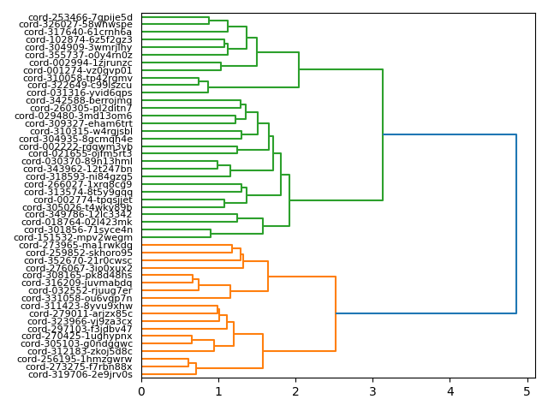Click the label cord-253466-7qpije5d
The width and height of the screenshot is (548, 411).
point(80,17)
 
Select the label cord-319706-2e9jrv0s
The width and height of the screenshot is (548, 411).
point(80,374)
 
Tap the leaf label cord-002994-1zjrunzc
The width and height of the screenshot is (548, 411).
point(80,63)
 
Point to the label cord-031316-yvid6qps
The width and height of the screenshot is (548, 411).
point(80,93)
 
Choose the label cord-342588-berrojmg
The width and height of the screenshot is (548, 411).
point(80,101)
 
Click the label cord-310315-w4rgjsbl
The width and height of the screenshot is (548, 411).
point(80,131)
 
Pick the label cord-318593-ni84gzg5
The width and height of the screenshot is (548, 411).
point(80,176)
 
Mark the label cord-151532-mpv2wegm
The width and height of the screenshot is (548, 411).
point(80,237)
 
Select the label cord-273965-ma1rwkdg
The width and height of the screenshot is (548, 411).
point(80,245)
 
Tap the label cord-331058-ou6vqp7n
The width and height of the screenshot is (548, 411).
point(80,298)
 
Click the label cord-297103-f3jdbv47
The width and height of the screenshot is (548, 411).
point(80,329)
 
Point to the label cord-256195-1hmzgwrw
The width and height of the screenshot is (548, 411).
point(80,359)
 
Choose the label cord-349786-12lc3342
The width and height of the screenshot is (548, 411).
point(80,215)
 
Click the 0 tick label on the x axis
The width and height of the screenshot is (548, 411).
point(141,391)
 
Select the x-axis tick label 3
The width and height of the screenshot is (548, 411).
point(373,391)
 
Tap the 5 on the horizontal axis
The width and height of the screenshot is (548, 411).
point(527,391)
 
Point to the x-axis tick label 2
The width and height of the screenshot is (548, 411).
point(295,391)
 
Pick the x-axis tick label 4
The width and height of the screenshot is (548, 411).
point(450,391)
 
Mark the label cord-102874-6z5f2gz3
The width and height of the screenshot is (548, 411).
point(80,40)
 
